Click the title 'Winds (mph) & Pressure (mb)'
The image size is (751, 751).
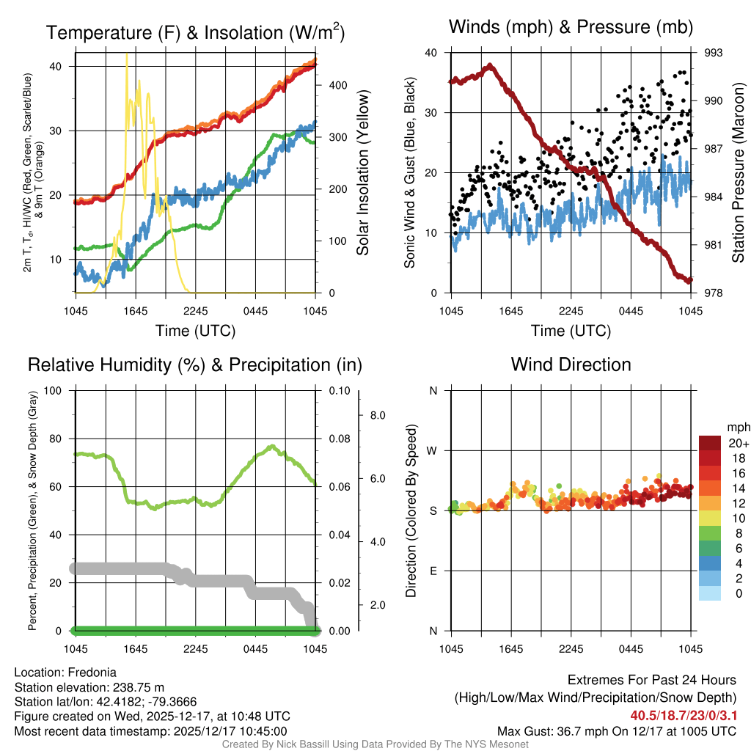[571, 28]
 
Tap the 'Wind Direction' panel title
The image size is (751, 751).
[571, 364]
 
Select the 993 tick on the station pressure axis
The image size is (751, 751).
[714, 53]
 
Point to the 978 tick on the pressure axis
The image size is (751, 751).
[714, 293]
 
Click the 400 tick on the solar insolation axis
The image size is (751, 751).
[337, 85]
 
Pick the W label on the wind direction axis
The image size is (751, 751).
[433, 450]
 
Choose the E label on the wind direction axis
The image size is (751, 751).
[433, 571]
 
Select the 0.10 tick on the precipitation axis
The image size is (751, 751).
[340, 391]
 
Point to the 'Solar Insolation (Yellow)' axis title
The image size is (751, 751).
[363, 173]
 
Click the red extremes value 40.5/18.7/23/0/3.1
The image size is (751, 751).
[683, 715]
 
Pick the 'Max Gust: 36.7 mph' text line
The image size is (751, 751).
[616, 730]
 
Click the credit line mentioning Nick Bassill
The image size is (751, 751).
[375, 744]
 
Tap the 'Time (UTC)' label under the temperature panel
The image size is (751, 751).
[195, 331]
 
